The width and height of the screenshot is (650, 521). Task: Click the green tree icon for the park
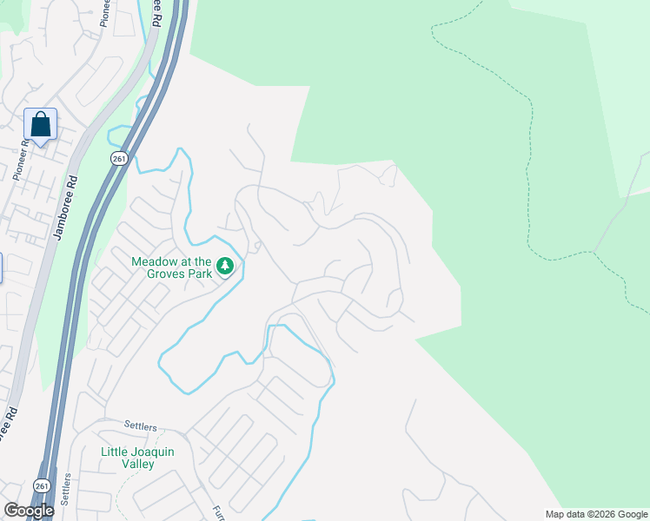(x=225, y=266)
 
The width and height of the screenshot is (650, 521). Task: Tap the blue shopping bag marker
(x=41, y=124)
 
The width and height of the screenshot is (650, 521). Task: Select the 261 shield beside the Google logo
(x=41, y=485)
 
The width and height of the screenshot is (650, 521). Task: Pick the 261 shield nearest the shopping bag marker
(x=119, y=158)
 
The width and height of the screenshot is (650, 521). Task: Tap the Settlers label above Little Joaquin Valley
(x=140, y=427)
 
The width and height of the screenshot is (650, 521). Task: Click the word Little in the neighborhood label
(x=115, y=452)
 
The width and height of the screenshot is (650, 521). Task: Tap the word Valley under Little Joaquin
(x=138, y=464)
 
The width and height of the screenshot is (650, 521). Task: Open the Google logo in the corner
(x=29, y=511)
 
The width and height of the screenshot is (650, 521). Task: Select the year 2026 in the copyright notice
(x=606, y=514)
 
